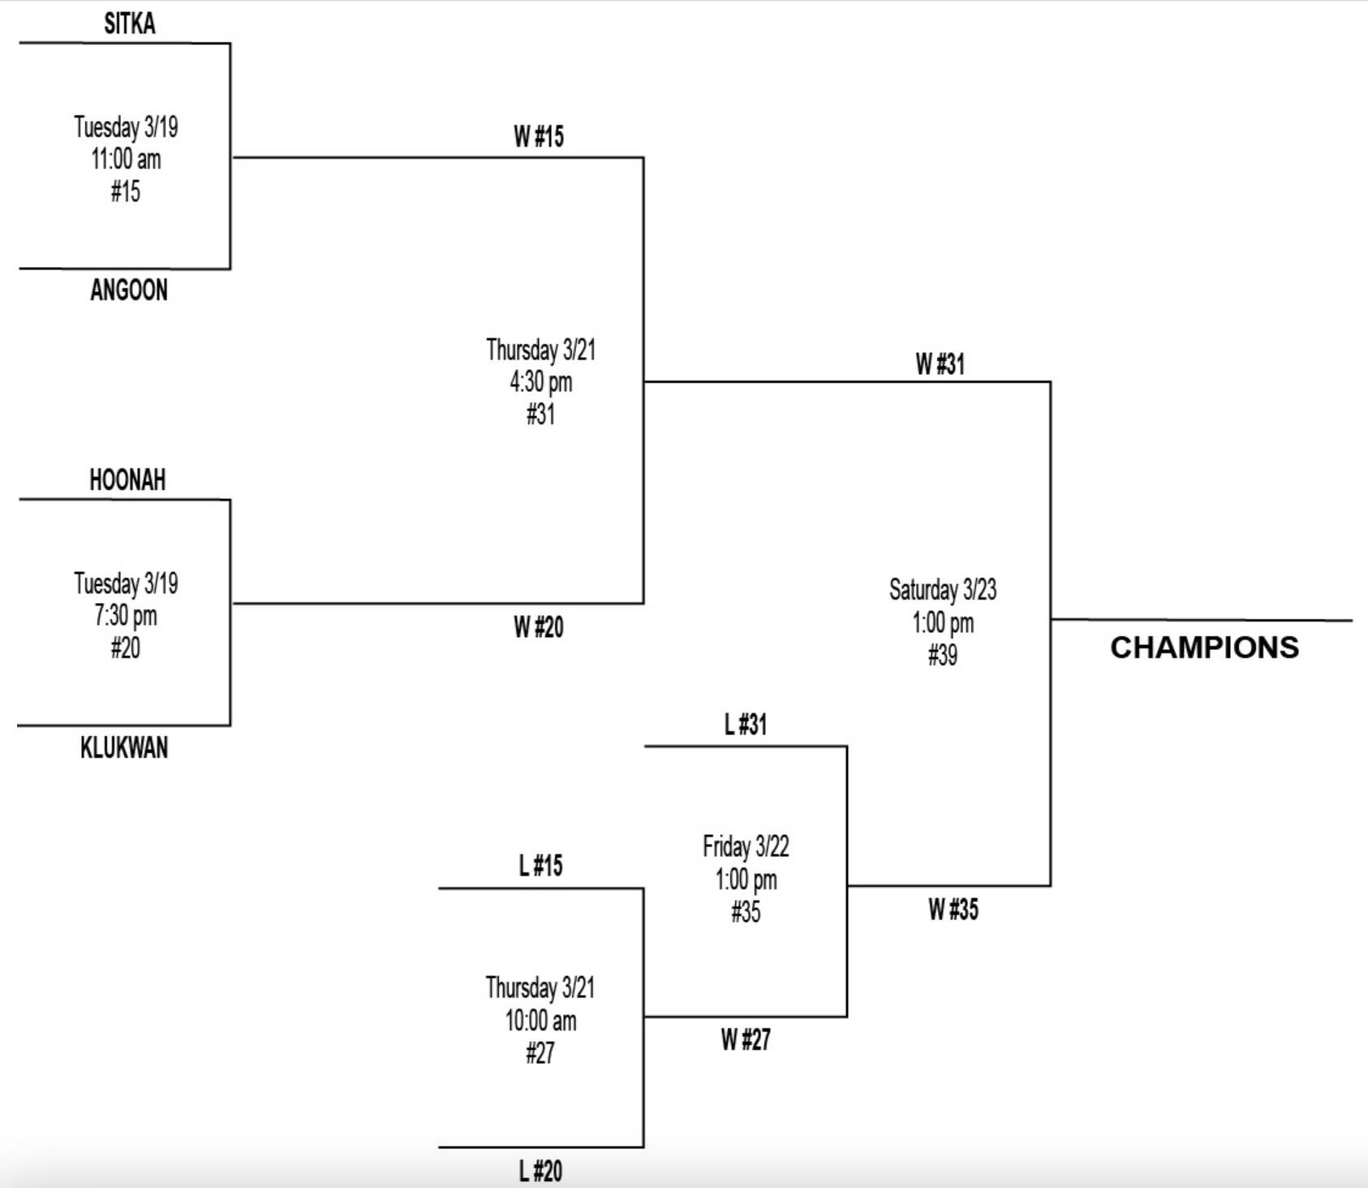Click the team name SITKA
pyautogui.click(x=129, y=24)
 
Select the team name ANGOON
pyautogui.click(x=129, y=291)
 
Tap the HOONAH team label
pyautogui.click(x=127, y=480)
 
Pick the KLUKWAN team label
pyautogui.click(x=124, y=747)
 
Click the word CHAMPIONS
pyautogui.click(x=1204, y=648)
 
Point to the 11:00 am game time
pyautogui.click(x=126, y=159)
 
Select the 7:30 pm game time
pyautogui.click(x=126, y=616)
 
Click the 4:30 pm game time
pyautogui.click(x=540, y=382)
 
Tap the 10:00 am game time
pyautogui.click(x=540, y=1021)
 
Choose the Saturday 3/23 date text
pyautogui.click(x=942, y=590)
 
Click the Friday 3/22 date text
pyautogui.click(x=746, y=847)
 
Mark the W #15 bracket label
pyautogui.click(x=538, y=137)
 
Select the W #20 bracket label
pyautogui.click(x=538, y=627)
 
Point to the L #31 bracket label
pyautogui.click(x=745, y=725)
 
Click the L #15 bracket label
pyautogui.click(x=540, y=866)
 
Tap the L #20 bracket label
pyautogui.click(x=540, y=1171)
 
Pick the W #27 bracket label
pyautogui.click(x=745, y=1039)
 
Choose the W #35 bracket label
pyautogui.click(x=953, y=910)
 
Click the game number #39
pyautogui.click(x=942, y=655)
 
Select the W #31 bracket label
pyautogui.click(x=940, y=364)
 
